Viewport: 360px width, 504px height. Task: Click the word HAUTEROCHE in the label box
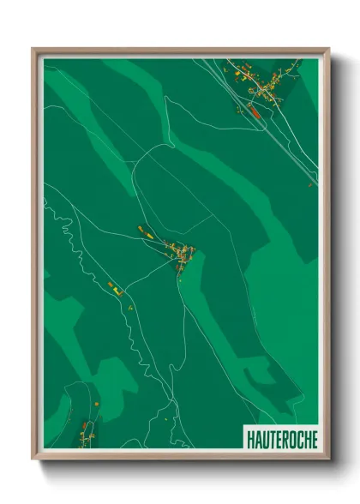(281, 439)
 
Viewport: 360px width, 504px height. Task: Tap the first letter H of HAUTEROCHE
(249, 439)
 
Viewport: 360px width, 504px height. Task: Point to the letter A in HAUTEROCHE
(256, 439)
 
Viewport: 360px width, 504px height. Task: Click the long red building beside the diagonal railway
(254, 109)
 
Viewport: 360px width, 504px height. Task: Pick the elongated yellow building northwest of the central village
(144, 230)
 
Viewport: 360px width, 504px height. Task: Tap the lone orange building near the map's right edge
(310, 183)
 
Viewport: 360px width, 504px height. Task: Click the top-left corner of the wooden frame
(33, 49)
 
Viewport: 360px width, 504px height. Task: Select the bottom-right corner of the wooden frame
(328, 459)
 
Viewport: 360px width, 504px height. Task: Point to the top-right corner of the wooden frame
(328, 49)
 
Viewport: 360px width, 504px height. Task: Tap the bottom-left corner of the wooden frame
(33, 459)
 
